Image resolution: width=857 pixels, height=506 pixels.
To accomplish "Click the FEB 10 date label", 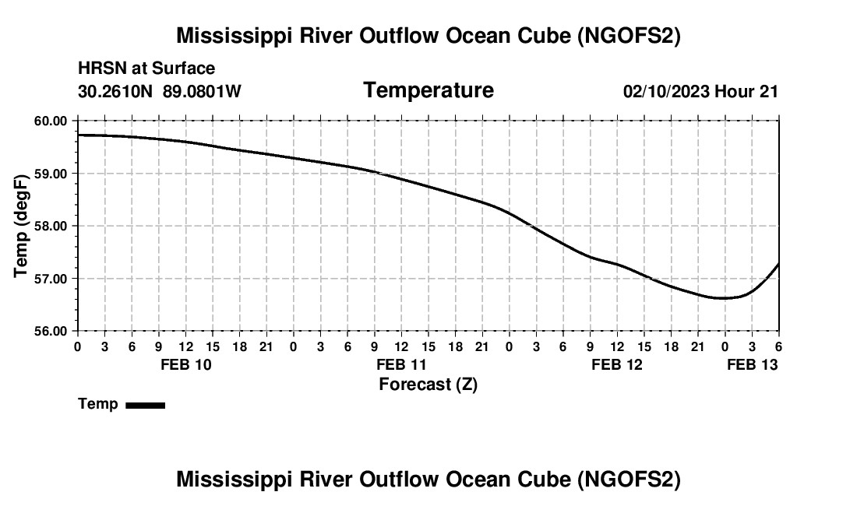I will (x=185, y=364).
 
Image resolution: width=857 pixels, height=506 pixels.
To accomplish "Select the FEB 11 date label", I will (x=401, y=364).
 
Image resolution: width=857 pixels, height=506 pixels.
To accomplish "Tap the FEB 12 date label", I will (x=617, y=364).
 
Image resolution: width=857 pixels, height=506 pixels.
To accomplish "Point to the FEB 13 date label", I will (x=752, y=364).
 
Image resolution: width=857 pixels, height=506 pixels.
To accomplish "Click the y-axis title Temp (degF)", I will (x=22, y=226).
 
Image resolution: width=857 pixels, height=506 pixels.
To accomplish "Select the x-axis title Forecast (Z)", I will (x=428, y=384).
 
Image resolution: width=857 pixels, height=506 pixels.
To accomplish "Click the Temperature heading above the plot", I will (x=428, y=90).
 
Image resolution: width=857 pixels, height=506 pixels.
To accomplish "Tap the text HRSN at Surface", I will (x=146, y=69).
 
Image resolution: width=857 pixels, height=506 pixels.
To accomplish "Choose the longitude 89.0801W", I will (x=202, y=91).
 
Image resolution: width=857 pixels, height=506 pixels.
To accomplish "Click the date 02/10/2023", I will (x=666, y=91).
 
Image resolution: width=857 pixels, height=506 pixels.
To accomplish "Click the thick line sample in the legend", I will (x=145, y=405).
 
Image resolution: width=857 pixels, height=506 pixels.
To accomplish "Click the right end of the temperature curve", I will (x=778, y=264).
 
